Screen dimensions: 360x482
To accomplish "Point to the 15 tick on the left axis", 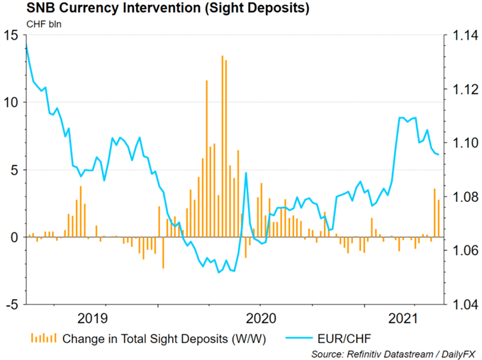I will pos(11,35).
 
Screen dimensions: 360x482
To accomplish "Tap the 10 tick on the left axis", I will pos(11,102).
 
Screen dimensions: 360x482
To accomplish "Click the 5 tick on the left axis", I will pos(14,169).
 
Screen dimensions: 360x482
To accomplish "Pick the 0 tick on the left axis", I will pos(14,237).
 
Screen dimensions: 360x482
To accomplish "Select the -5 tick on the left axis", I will pos(12,305).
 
